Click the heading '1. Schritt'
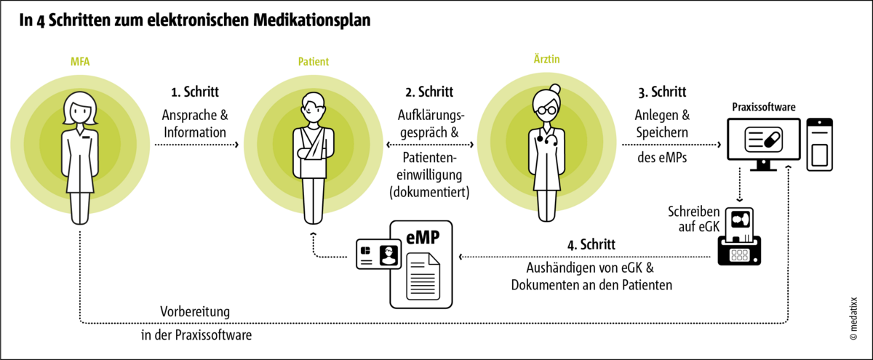[x=195, y=92]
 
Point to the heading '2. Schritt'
[x=429, y=92]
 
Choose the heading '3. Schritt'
[x=658, y=92]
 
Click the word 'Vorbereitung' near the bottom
[x=195, y=311]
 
